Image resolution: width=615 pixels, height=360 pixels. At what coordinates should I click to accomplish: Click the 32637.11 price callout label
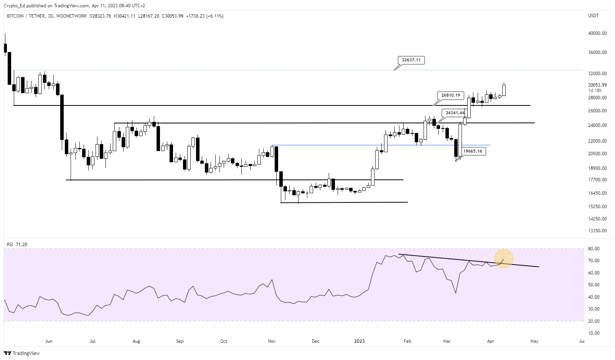(411, 60)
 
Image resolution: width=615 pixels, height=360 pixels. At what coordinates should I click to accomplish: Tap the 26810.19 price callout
(450, 95)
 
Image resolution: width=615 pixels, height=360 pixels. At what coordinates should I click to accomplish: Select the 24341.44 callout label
(455, 113)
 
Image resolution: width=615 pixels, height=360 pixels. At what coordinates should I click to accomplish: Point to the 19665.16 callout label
(472, 151)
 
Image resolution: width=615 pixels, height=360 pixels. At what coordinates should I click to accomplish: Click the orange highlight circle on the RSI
(504, 258)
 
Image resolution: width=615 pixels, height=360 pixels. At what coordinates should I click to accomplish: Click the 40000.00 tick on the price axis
(597, 33)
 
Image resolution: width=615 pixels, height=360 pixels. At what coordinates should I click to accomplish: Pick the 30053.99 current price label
(597, 85)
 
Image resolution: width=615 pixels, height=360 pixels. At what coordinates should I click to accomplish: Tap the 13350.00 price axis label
(597, 231)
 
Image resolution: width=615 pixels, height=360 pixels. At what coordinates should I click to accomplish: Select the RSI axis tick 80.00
(594, 249)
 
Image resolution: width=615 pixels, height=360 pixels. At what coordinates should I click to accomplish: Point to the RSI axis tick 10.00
(594, 333)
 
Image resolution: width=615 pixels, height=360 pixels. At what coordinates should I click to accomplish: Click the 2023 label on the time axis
(359, 341)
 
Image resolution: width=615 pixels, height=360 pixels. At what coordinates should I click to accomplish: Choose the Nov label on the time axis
(272, 341)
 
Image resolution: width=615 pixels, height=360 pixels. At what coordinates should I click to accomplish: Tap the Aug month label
(136, 341)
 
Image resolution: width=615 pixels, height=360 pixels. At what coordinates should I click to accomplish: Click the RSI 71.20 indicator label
(17, 245)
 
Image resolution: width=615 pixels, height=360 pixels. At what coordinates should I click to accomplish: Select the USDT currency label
(593, 16)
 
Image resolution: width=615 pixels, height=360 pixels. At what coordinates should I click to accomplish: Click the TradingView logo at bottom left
(22, 353)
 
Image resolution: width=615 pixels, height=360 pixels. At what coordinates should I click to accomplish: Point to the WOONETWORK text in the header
(71, 16)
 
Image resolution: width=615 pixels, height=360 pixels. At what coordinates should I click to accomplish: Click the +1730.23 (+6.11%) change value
(204, 16)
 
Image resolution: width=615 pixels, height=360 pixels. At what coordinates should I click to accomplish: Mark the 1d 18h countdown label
(595, 90)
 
